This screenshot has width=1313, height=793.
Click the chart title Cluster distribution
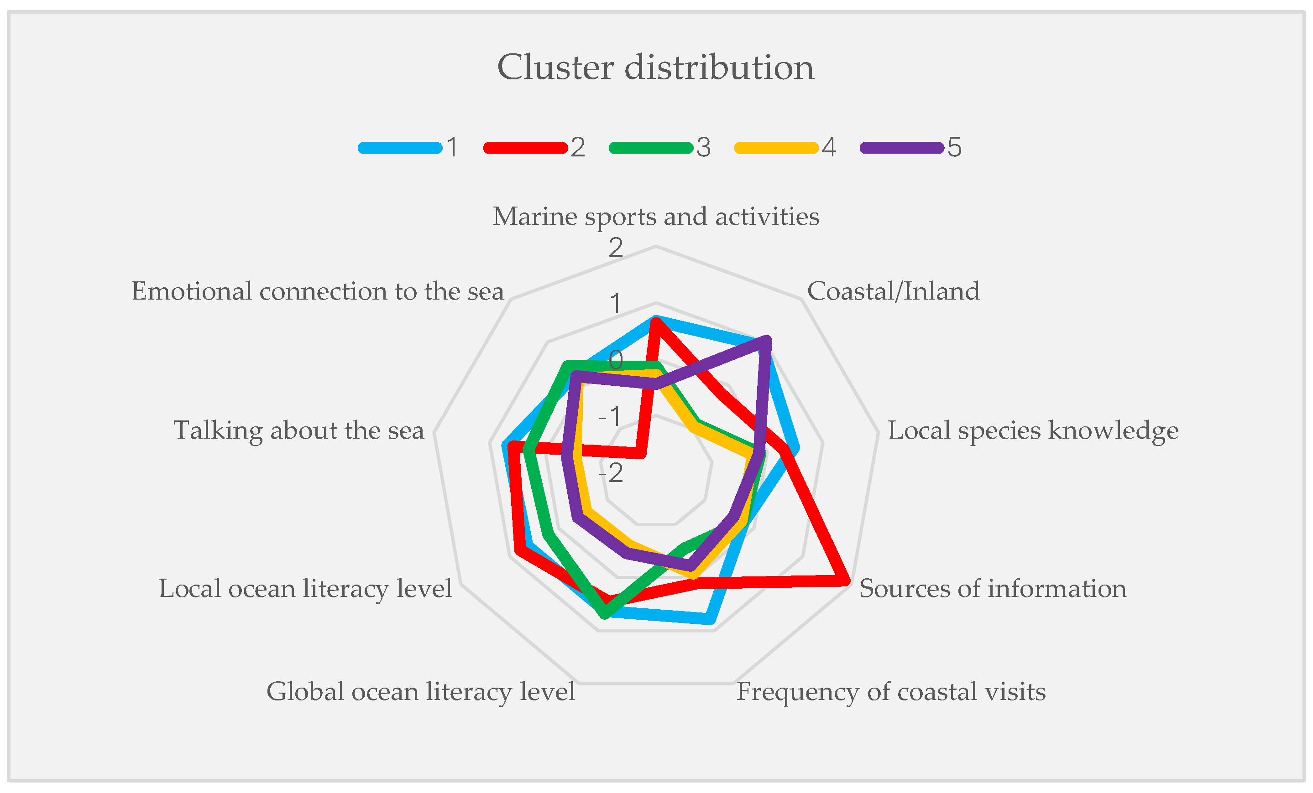click(655, 67)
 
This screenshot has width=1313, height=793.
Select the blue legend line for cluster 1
click(400, 148)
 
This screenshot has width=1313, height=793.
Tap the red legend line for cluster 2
click(525, 148)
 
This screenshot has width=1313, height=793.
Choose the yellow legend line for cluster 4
click(776, 148)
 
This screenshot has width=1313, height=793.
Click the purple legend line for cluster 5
click(902, 148)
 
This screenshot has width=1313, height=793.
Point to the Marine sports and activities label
click(656, 217)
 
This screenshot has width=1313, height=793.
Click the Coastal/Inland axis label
click(893, 291)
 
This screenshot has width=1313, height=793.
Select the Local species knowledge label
click(1033, 430)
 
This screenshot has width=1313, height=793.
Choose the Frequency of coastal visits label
click(891, 692)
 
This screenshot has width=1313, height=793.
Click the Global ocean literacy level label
click(421, 692)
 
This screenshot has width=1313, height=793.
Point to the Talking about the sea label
click(299, 430)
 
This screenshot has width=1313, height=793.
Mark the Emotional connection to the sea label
click(318, 291)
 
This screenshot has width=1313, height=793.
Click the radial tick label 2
click(616, 248)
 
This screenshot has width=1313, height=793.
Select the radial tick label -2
click(611, 472)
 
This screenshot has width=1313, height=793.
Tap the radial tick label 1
click(616, 304)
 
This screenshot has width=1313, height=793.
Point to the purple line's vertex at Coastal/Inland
click(766, 340)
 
